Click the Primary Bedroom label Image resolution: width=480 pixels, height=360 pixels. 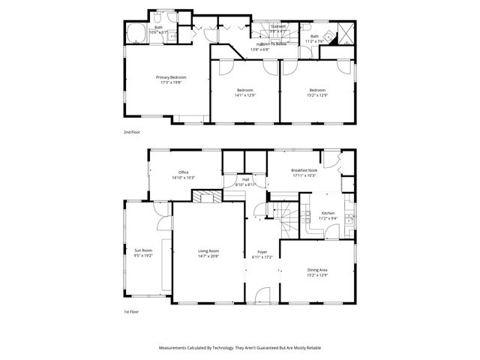coord(171,77)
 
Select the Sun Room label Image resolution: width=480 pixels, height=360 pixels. coord(142,250)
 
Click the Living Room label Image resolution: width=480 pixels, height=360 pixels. coord(208,250)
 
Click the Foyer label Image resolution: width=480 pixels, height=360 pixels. coord(262,252)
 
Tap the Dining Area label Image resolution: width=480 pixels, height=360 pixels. coord(317,270)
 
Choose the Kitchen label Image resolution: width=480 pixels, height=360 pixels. coord(328,214)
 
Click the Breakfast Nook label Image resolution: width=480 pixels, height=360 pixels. coord(304,171)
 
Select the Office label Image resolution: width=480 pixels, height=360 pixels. coord(183,172)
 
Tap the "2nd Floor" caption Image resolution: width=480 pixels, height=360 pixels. coord(132,132)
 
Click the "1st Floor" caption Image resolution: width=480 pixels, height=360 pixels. coord(132,311)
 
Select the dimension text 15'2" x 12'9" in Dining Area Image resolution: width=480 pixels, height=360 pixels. coord(317,274)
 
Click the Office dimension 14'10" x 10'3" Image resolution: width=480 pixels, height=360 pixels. coord(183,178)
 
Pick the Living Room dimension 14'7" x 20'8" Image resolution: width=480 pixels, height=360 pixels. coord(208,256)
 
